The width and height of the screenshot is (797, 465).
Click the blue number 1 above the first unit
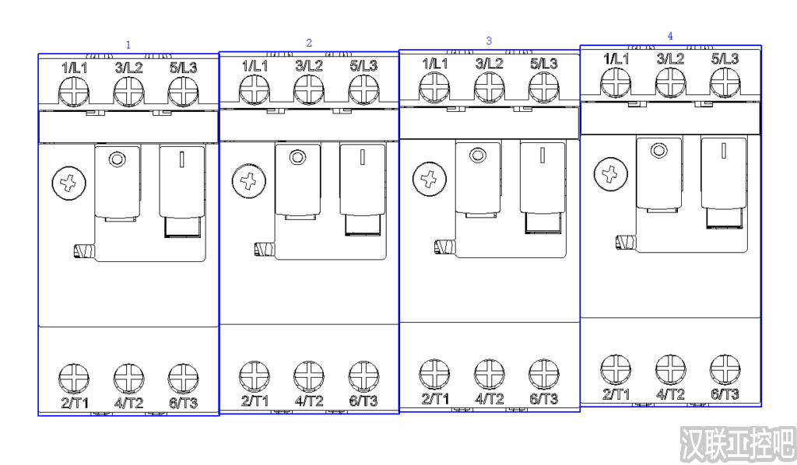tap(128, 44)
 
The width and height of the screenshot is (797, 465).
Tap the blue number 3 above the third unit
tap(489, 40)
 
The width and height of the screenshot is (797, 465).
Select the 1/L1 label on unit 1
tap(74, 68)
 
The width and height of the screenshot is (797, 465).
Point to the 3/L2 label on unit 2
tap(309, 65)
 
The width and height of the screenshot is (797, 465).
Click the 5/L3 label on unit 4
tap(725, 58)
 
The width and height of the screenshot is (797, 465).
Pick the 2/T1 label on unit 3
tap(435, 398)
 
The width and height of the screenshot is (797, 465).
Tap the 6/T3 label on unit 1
tap(183, 403)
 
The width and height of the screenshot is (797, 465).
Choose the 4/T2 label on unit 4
tap(670, 394)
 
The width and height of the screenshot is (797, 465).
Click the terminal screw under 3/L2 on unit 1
tap(128, 92)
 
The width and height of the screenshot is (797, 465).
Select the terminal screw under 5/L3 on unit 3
tap(544, 87)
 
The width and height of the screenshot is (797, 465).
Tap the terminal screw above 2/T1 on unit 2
tap(255, 376)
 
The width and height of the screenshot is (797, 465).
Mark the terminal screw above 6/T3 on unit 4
tap(725, 369)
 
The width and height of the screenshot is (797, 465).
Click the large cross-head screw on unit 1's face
tap(68, 184)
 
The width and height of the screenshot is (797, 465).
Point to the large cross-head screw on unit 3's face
tap(430, 179)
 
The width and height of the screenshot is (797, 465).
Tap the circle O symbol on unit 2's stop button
tap(298, 157)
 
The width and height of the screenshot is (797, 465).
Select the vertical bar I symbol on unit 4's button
tap(723, 150)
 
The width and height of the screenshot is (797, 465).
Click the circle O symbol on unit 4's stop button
tap(659, 151)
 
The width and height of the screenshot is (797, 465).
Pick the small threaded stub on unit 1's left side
tap(84, 251)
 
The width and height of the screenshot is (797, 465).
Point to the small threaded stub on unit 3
tap(445, 247)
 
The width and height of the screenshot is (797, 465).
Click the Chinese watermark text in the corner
tap(738, 445)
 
